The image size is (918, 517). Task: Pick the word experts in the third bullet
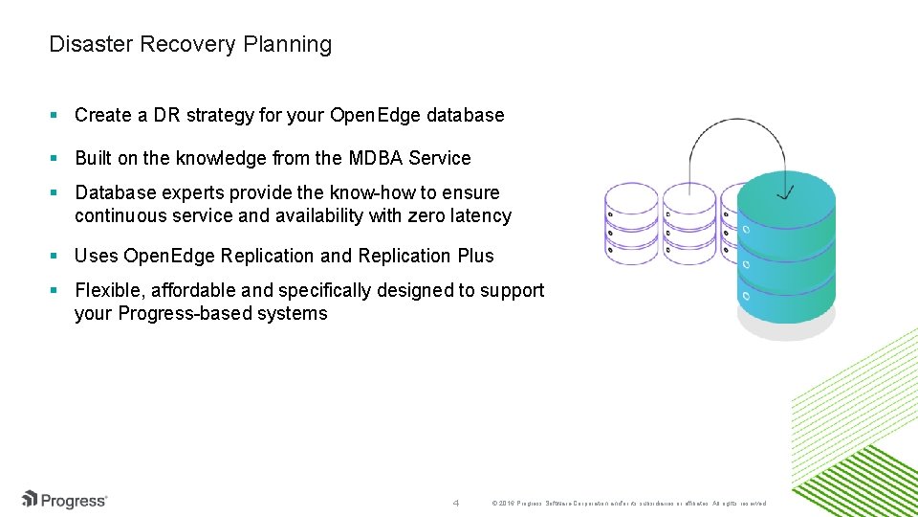pos(198,192)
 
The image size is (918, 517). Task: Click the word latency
pos(480,215)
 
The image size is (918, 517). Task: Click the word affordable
pos(196,290)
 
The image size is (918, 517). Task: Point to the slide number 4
pos(456,503)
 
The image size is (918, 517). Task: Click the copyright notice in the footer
pos(627,503)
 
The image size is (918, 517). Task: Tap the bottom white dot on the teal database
pos(747,296)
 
